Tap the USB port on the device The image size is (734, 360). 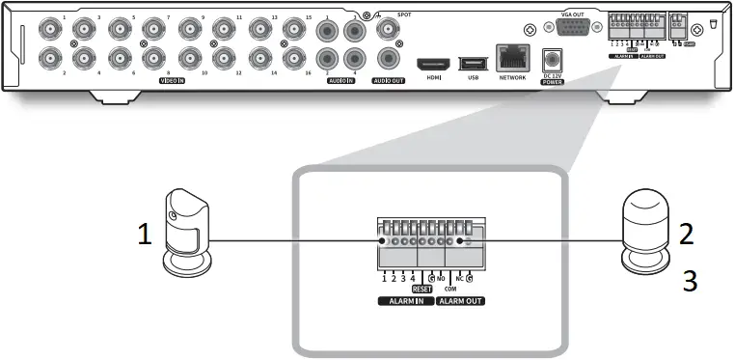pyautogui.click(x=473, y=63)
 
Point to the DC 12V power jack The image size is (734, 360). pyautogui.click(x=554, y=59)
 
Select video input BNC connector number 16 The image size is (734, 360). pyautogui.click(x=293, y=57)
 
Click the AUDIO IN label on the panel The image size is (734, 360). pyautogui.click(x=341, y=80)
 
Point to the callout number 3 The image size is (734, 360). pyautogui.click(x=689, y=282)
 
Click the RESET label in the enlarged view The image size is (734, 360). pyautogui.click(x=421, y=288)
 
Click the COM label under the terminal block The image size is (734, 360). pyautogui.click(x=449, y=288)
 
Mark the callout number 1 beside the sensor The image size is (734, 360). pyautogui.click(x=145, y=235)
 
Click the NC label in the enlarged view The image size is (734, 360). pyautogui.click(x=460, y=278)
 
